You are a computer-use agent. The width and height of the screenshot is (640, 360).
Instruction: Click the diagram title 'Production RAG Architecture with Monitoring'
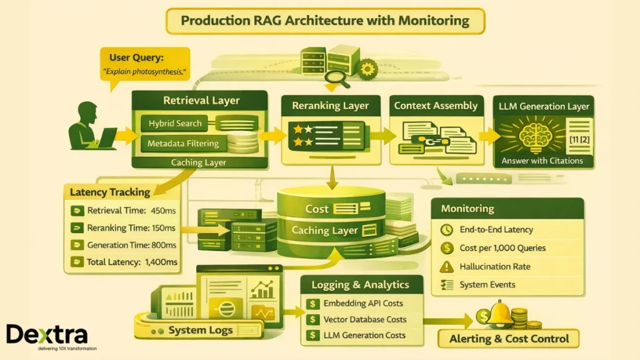pyautogui.click(x=324, y=21)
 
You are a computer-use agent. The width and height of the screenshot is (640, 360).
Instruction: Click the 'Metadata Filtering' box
pyautogui.click(x=182, y=144)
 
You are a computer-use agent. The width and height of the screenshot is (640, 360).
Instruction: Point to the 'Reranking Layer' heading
pyautogui.click(x=331, y=106)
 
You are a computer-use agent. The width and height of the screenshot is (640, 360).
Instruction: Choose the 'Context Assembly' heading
pyautogui.click(x=436, y=106)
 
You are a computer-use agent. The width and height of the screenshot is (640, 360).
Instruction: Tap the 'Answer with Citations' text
pyautogui.click(x=542, y=161)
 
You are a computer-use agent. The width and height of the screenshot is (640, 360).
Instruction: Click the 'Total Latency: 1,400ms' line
pyautogui.click(x=132, y=262)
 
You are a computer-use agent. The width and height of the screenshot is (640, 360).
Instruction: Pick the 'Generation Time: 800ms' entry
pyautogui.click(x=132, y=245)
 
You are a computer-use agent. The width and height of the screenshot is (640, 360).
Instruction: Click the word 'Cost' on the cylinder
pyautogui.click(x=317, y=209)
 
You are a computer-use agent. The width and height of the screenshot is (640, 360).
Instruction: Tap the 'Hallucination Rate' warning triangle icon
pyautogui.click(x=446, y=267)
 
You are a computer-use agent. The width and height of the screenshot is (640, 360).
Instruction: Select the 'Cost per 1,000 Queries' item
pyautogui.click(x=502, y=248)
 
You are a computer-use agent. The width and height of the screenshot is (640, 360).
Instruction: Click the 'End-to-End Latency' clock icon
pyautogui.click(x=446, y=230)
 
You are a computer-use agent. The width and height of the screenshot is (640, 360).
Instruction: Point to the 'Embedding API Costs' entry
pyautogui.click(x=362, y=304)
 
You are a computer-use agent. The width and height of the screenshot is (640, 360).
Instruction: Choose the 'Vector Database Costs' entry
pyautogui.click(x=364, y=319)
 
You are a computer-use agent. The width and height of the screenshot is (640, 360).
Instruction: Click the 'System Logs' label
pyautogui.click(x=200, y=330)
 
